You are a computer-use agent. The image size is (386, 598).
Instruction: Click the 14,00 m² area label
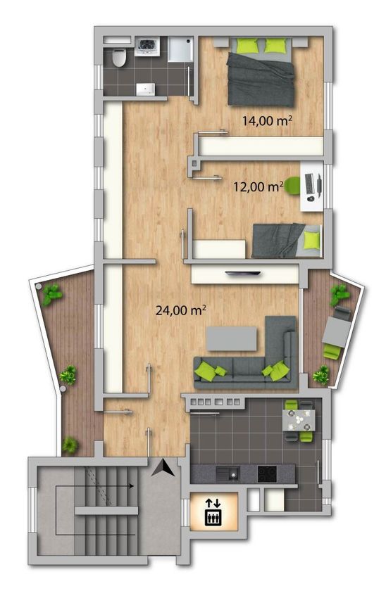267,121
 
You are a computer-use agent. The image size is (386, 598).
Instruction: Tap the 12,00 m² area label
259,187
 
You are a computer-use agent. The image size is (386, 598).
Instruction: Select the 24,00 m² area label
180,310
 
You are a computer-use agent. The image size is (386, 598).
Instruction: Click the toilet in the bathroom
119,58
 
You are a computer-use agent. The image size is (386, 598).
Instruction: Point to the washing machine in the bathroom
147,46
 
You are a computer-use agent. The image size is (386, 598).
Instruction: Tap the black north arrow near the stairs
163,468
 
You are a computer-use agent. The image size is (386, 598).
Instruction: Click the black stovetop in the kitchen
267,474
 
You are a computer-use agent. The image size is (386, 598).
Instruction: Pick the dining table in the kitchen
299,420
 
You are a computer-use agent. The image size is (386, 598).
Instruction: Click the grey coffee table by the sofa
232,338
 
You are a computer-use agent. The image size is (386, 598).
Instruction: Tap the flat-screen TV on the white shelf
243,273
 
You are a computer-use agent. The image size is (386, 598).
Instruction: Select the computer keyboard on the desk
309,184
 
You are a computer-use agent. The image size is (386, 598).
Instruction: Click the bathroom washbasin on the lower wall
146,89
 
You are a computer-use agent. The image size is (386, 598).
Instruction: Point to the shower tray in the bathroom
180,49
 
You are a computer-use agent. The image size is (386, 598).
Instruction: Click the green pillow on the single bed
311,241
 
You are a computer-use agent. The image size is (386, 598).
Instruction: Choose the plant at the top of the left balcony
51,294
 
